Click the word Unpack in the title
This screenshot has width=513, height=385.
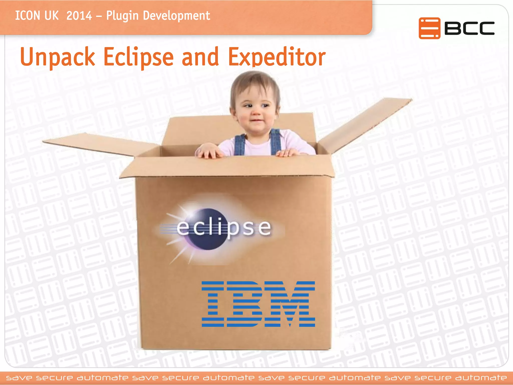point(57,57)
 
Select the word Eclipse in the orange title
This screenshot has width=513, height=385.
point(139,57)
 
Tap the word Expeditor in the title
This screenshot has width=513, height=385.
point(277,57)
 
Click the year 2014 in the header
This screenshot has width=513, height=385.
point(79,16)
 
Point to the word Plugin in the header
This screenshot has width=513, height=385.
point(122,16)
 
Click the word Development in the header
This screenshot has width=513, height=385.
point(176,16)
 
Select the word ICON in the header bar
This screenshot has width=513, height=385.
point(28,16)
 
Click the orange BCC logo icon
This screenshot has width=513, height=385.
point(429,28)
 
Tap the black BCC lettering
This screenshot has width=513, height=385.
point(469,28)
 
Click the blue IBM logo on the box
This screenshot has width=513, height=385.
point(258,304)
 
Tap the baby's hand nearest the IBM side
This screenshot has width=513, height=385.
point(288,152)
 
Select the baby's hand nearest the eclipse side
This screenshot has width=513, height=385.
point(209,151)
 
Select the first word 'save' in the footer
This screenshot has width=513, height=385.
point(19,378)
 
